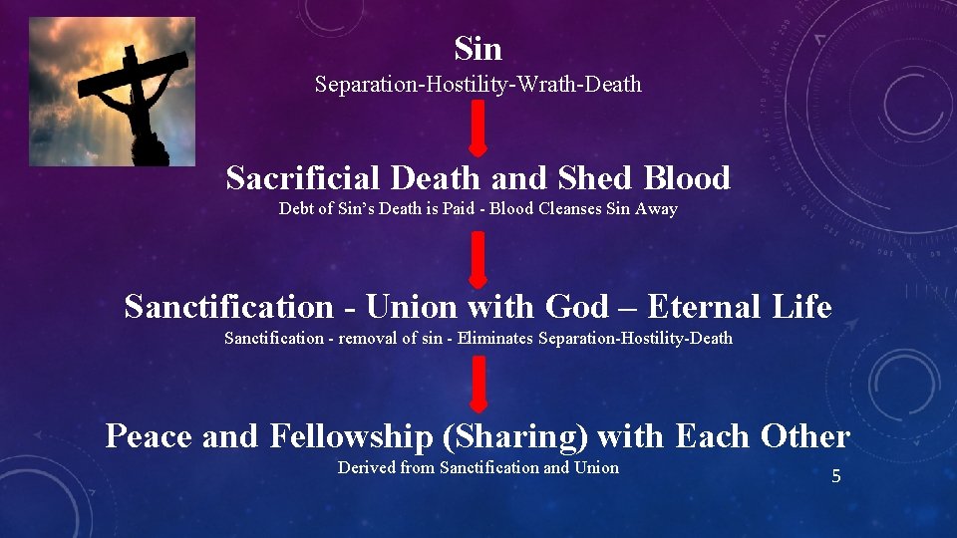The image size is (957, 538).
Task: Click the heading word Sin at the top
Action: [478, 48]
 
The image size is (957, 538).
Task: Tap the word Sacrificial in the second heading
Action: [303, 178]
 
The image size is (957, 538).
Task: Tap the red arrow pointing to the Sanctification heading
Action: [478, 257]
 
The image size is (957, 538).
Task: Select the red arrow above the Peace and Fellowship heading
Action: [478, 385]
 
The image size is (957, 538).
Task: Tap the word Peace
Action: [150, 436]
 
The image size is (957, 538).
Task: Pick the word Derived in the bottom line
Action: [366, 467]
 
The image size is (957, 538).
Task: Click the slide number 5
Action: [836, 476]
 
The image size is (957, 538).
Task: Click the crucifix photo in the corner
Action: [113, 91]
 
